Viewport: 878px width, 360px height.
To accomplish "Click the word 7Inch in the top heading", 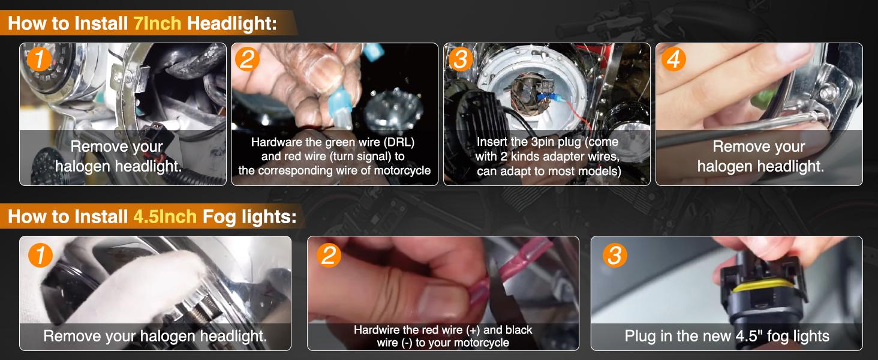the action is [157, 23].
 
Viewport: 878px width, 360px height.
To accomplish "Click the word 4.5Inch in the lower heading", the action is [165, 217].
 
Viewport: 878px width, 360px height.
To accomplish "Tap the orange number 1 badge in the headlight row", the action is [40, 59].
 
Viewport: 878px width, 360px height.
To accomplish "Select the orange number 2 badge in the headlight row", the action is [247, 59].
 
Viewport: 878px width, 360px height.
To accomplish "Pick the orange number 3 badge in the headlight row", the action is [461, 59].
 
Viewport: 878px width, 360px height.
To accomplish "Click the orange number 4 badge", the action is [673, 59].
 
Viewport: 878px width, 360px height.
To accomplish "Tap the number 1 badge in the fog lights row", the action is [40, 255].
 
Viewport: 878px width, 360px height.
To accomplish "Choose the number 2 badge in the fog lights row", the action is [329, 255].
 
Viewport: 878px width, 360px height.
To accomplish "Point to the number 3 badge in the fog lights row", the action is [615, 255].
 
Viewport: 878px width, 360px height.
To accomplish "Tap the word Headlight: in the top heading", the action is [232, 23].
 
